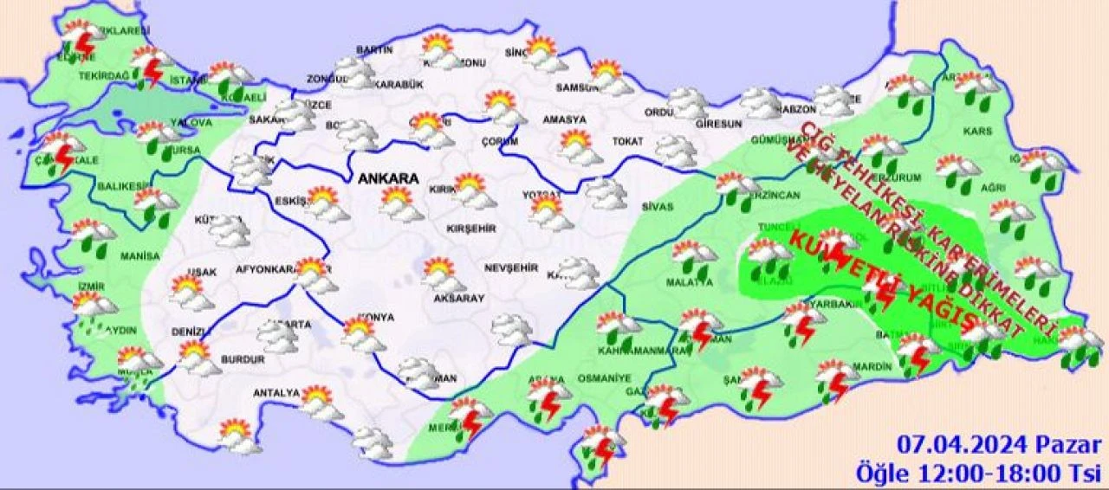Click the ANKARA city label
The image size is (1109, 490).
coord(389,179)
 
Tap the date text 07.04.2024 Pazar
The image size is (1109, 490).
coord(999,447)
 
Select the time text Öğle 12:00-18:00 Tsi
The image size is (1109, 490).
coord(979,473)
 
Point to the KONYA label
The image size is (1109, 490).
coord(374,318)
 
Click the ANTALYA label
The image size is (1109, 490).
coord(276,393)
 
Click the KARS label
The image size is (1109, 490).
coord(976,132)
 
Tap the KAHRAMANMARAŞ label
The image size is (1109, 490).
coord(630,350)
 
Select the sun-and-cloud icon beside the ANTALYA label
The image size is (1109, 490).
coord(318,403)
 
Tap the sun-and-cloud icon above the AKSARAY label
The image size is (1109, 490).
coord(442,275)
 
